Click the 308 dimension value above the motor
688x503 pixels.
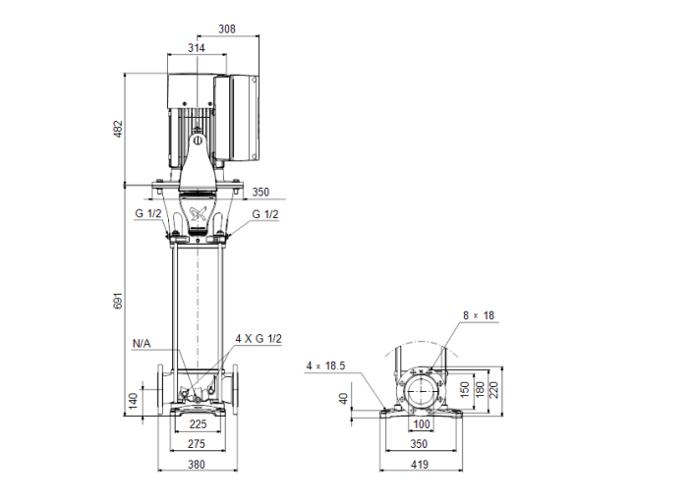(227, 29)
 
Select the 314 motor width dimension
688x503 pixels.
(197, 47)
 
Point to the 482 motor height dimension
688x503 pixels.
(119, 129)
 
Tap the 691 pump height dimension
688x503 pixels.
(119, 301)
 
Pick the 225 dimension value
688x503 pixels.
(197, 425)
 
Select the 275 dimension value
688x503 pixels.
(197, 445)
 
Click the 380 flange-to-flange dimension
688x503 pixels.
(197, 466)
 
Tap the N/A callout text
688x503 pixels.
(142, 344)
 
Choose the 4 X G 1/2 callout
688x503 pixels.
(258, 338)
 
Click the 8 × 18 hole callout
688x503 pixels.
(479, 315)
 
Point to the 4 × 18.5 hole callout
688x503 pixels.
(326, 365)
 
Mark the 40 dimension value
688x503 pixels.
(343, 399)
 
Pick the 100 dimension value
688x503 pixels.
(422, 424)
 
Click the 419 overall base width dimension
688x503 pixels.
(422, 466)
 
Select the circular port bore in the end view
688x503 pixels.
(422, 390)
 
